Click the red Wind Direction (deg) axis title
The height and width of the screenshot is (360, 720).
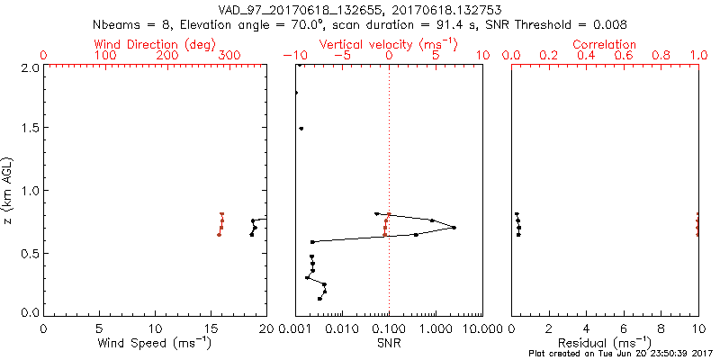tap(155, 44)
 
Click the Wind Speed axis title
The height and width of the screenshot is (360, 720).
tap(155, 342)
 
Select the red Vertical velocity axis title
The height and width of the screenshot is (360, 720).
tap(388, 44)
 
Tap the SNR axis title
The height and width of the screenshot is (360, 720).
tap(388, 342)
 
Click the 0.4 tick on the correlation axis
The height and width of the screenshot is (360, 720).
tap(586, 56)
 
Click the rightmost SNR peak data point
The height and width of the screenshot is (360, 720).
tap(454, 228)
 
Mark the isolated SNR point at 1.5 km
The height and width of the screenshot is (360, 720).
tap(301, 129)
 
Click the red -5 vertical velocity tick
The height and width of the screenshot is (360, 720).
tap(342, 56)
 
